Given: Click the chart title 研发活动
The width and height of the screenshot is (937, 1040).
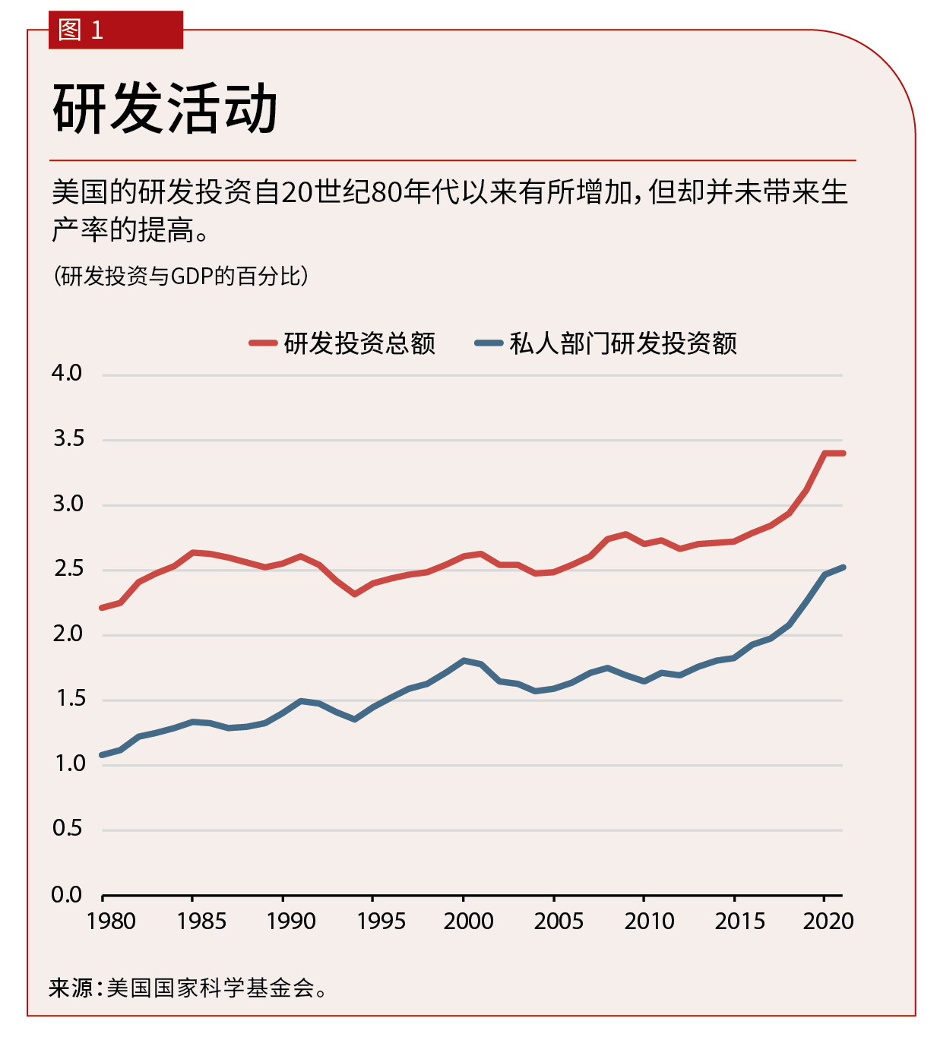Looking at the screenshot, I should tap(165, 109).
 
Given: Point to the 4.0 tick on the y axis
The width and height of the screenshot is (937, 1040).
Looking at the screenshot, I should tap(67, 373).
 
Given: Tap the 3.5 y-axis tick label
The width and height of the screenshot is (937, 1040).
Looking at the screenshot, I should tap(68, 438).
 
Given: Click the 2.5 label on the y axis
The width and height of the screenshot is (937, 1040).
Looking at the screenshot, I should tap(68, 569).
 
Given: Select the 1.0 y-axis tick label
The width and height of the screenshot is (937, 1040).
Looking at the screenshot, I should tap(68, 763).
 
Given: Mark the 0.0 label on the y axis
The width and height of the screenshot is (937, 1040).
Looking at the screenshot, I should tap(67, 895).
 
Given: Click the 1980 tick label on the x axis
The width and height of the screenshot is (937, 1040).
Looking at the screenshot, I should tap(111, 921).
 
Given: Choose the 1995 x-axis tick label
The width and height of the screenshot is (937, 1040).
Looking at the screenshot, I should tap(381, 921).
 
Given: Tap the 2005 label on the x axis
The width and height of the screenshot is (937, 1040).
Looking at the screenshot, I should tap(559, 921).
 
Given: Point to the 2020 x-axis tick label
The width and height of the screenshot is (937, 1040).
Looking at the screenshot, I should tap(828, 921).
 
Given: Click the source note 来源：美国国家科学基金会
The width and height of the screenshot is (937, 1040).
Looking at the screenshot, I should tap(188, 988).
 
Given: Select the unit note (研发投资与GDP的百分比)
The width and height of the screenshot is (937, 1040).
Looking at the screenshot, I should tap(181, 276).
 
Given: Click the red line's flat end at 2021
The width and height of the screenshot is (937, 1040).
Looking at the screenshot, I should tap(843, 454).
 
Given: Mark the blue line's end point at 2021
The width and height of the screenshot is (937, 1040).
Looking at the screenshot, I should tap(843, 567).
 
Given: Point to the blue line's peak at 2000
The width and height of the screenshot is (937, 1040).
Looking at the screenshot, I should tap(464, 661).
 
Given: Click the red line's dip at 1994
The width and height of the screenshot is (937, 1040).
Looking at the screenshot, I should tap(355, 594).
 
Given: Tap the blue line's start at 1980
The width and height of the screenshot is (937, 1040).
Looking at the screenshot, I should tap(103, 755).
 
